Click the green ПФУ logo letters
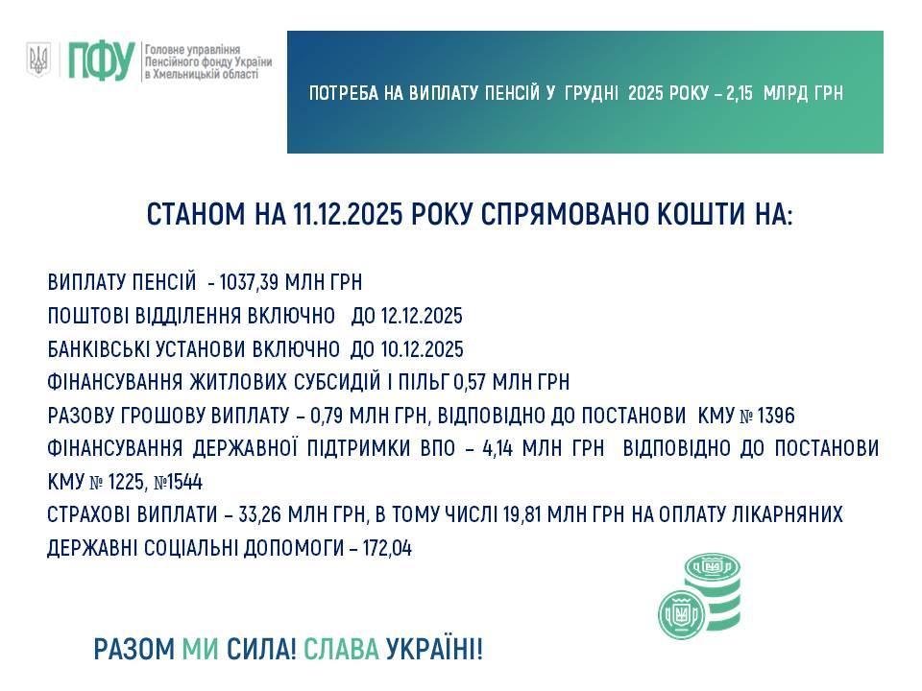point(101,60)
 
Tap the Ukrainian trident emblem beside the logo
point(38,60)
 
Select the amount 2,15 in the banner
point(740,93)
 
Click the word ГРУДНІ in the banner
point(591,93)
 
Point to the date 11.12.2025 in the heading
point(347,214)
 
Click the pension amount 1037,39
point(249,282)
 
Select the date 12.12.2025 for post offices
point(422,316)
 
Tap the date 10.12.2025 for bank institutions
point(423,349)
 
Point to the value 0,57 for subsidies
point(470,383)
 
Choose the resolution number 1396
point(776,416)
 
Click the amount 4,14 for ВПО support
point(497,448)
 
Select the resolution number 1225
point(126,482)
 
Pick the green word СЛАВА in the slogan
point(341,650)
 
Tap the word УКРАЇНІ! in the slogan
point(434,650)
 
